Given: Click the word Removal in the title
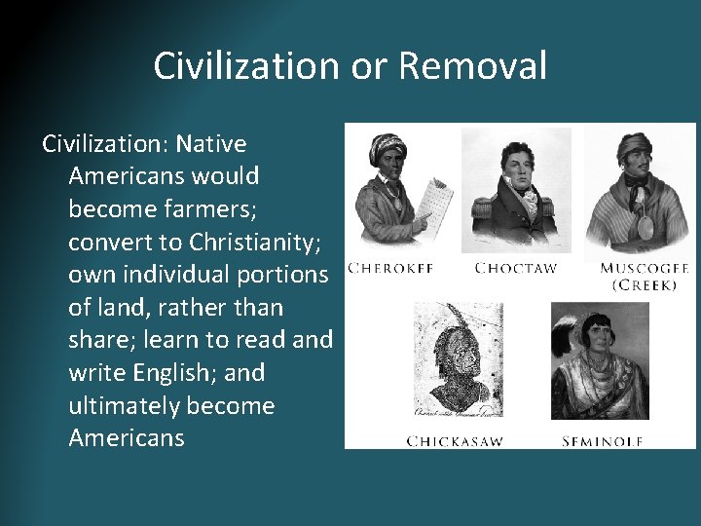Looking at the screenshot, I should coord(472,66).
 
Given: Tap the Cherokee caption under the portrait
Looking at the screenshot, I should coord(390,268).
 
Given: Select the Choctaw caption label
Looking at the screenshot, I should coord(515,268).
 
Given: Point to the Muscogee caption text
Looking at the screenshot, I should coord(645,268).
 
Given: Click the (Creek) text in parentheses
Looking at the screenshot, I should coord(645,285).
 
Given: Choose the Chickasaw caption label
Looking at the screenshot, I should coord(455,441).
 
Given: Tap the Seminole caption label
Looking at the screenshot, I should coord(602,441).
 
